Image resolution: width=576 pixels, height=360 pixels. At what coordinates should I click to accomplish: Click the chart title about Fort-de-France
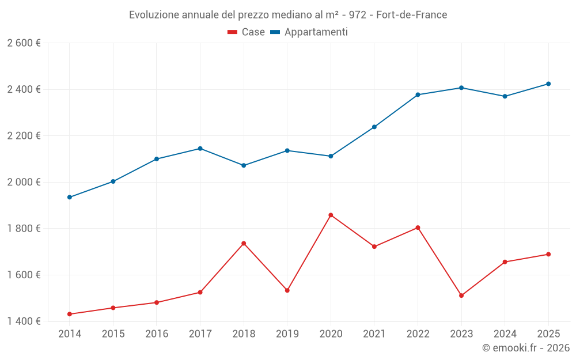click(x=288, y=14)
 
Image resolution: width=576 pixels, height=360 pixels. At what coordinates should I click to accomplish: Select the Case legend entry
click(x=247, y=32)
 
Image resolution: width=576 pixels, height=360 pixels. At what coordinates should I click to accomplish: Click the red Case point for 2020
click(x=331, y=215)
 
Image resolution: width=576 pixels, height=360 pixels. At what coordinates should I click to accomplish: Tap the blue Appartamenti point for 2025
click(x=548, y=84)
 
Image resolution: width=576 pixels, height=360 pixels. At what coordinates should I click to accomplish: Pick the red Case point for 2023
click(x=461, y=295)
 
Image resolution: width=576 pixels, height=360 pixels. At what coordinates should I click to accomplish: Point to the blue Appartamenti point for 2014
click(x=70, y=197)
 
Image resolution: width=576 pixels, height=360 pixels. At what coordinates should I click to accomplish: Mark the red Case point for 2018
click(x=244, y=243)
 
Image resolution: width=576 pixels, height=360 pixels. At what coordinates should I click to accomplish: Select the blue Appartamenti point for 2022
click(x=418, y=94)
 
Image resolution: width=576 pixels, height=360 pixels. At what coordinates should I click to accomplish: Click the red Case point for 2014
click(x=70, y=314)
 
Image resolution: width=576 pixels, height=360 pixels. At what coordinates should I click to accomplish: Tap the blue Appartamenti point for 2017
click(x=200, y=149)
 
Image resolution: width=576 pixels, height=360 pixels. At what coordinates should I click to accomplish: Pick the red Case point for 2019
click(x=287, y=290)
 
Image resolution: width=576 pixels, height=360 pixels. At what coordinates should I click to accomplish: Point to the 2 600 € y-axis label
click(x=24, y=43)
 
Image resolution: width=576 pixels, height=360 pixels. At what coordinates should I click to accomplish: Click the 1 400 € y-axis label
click(x=24, y=321)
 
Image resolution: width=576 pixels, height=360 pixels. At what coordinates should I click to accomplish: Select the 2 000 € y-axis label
click(x=24, y=182)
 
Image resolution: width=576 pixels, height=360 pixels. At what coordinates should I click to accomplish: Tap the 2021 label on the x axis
click(x=374, y=334)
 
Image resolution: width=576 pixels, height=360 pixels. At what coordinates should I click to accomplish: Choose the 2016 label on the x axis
click(x=157, y=334)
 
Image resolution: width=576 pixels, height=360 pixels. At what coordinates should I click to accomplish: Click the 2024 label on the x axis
click(x=505, y=334)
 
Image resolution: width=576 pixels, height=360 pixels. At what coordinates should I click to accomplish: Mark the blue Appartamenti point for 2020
click(x=331, y=156)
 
